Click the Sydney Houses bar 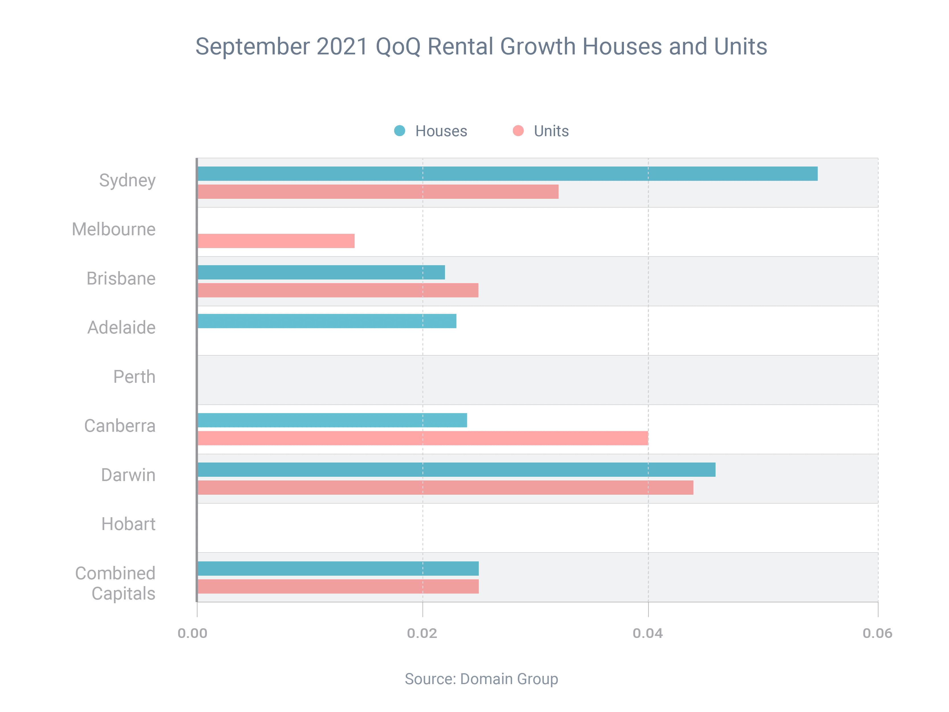tap(508, 174)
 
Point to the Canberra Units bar tap(423, 438)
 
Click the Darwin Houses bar tap(457, 470)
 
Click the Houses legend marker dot tap(399, 131)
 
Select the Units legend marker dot tap(518, 131)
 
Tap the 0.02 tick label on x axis tap(422, 633)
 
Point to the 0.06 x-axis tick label tap(877, 633)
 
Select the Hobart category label tap(128, 524)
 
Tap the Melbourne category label tap(114, 229)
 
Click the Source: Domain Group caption tap(481, 679)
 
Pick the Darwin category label tap(128, 475)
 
